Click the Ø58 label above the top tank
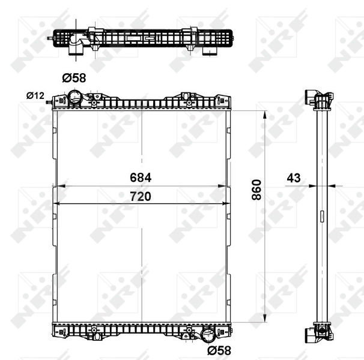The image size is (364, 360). click(x=74, y=77)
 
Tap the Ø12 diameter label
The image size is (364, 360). click(x=35, y=95)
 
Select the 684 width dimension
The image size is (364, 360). click(x=141, y=178)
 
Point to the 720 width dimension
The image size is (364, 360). click(x=141, y=196)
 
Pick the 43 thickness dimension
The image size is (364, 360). click(x=294, y=178)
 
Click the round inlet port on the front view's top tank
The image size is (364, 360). click(x=74, y=97)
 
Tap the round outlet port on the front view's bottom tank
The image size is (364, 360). click(x=208, y=334)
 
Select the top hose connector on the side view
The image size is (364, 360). click(x=311, y=97)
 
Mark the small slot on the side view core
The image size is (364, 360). click(x=321, y=216)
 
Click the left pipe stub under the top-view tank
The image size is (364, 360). click(x=76, y=52)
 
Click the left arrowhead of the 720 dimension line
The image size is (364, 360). click(x=57, y=205)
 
